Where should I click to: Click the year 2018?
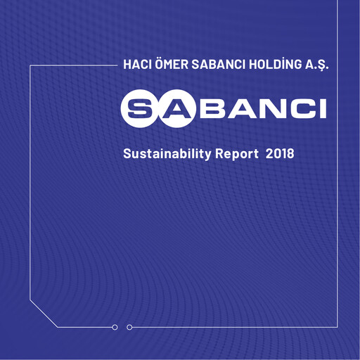coord(280,153)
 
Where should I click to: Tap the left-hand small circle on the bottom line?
coord(115,327)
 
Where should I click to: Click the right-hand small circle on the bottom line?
coord(129,327)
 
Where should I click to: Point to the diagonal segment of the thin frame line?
coord(44,314)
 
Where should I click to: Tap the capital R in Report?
coord(220,153)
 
